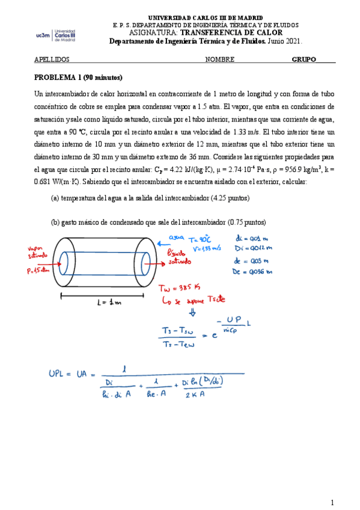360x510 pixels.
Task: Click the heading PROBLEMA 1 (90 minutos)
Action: (x=78, y=78)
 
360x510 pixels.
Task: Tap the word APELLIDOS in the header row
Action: (x=52, y=60)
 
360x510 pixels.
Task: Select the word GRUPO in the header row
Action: (x=305, y=60)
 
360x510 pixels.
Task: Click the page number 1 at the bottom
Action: (x=332, y=502)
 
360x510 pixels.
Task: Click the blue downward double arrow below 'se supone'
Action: (x=193, y=312)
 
